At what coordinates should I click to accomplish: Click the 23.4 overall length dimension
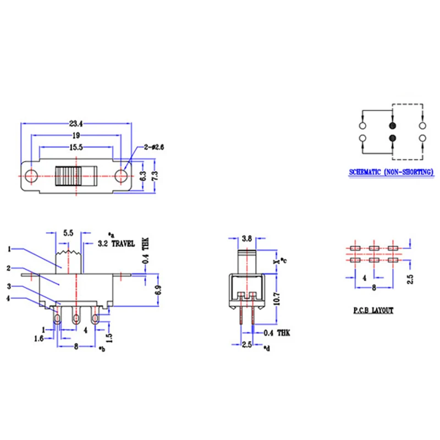[76, 124]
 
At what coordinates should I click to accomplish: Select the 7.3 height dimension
[155, 176]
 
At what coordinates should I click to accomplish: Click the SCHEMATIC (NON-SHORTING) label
[392, 172]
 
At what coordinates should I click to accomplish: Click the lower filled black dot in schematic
[392, 138]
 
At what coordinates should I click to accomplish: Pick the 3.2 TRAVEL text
[116, 243]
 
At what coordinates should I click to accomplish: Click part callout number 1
[9, 249]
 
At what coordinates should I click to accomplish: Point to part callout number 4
[9, 299]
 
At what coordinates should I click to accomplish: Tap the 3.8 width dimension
[248, 239]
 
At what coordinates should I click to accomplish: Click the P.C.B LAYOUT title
[373, 311]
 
